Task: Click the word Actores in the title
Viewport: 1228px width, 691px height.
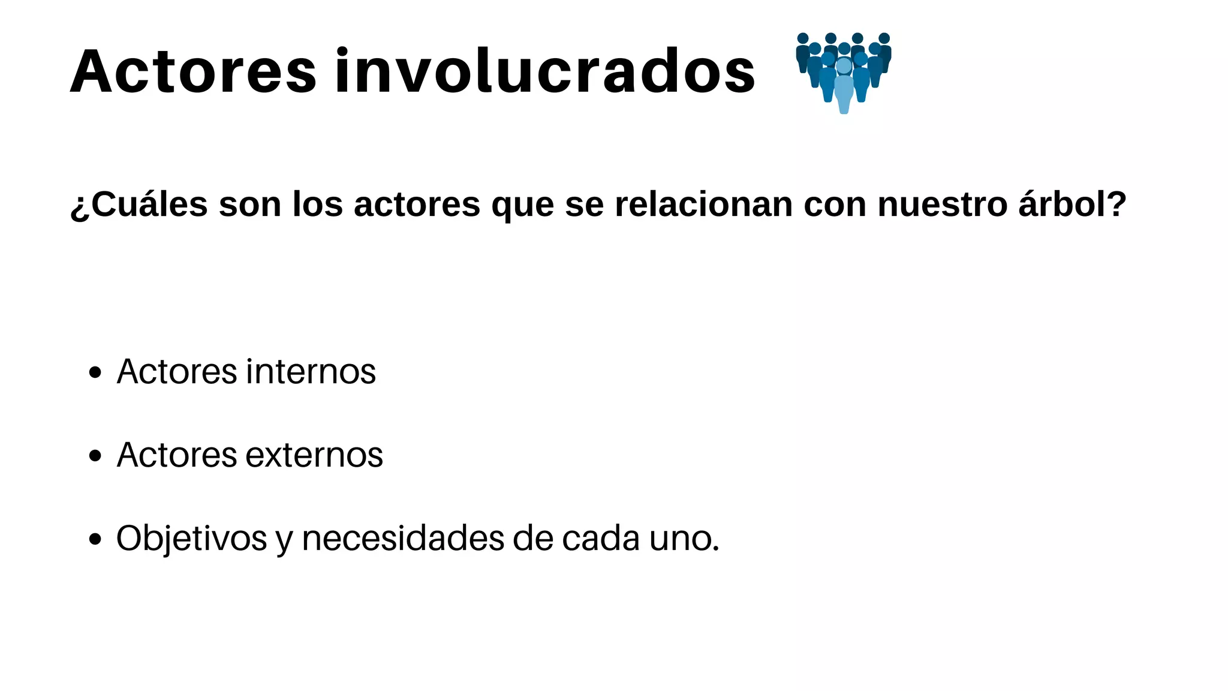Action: (x=193, y=72)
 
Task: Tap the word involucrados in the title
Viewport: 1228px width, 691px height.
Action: (x=544, y=72)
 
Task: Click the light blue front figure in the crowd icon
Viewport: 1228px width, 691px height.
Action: (x=844, y=87)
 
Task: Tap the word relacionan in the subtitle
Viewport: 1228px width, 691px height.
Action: (x=704, y=205)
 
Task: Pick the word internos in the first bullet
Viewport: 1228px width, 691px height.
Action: (x=311, y=372)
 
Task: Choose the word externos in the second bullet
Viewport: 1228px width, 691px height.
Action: (x=314, y=455)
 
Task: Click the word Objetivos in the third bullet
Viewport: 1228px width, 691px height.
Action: (x=191, y=539)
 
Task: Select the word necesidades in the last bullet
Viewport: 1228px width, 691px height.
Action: (x=402, y=539)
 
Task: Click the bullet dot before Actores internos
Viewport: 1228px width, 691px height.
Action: (x=95, y=373)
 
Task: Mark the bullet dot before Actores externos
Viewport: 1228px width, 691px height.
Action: (x=95, y=456)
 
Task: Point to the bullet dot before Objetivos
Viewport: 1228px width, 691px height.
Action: (x=95, y=539)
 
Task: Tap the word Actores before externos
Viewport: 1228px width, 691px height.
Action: (x=177, y=455)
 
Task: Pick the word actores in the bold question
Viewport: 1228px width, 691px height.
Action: (x=417, y=205)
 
